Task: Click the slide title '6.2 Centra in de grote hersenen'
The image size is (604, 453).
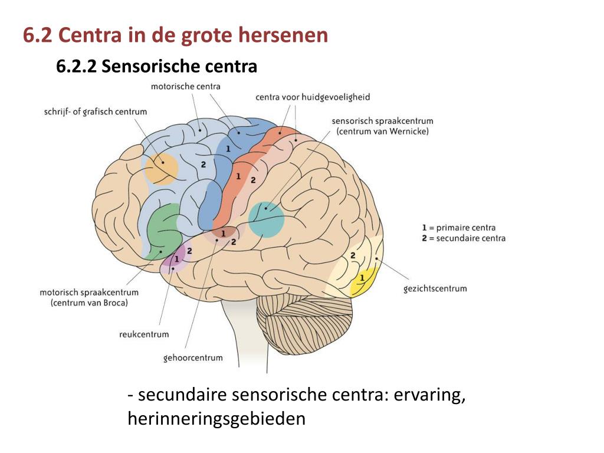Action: click(x=175, y=35)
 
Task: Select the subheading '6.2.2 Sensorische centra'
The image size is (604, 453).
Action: click(x=156, y=67)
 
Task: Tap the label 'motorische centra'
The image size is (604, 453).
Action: click(x=185, y=87)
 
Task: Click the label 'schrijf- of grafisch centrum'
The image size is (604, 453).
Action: click(x=96, y=111)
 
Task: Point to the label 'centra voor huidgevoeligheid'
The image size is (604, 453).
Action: click(x=313, y=97)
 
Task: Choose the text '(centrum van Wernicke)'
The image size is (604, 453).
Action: click(x=382, y=132)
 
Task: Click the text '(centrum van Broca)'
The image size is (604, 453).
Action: click(x=89, y=303)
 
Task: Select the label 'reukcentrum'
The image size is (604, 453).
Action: click(x=144, y=334)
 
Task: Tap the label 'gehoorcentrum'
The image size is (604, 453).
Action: click(x=193, y=357)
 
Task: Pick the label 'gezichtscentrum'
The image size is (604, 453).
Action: click(x=435, y=288)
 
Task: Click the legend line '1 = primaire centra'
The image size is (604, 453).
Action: click(x=459, y=228)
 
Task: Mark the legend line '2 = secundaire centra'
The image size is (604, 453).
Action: click(x=464, y=238)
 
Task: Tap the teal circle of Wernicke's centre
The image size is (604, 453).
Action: click(x=266, y=219)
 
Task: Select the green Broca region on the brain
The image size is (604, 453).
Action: click(x=163, y=232)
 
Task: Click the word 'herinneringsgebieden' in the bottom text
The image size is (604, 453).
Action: click(x=216, y=419)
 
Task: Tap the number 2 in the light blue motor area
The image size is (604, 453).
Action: click(x=203, y=165)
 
